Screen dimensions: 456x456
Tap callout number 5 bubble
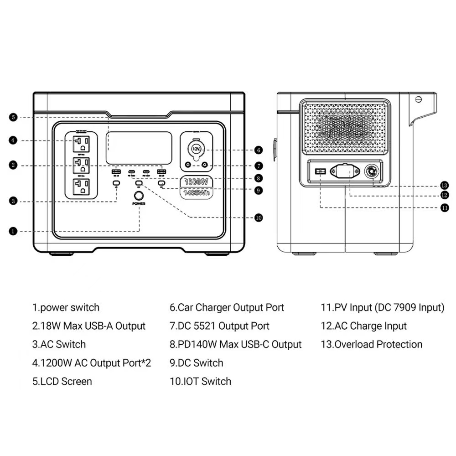tap(13, 117)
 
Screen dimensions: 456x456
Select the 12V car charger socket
tap(196, 149)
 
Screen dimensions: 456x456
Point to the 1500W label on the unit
tap(196, 181)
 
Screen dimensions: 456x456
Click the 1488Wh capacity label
tap(196, 193)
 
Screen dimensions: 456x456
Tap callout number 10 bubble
tap(259, 218)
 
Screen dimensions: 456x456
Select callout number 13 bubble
tap(445, 185)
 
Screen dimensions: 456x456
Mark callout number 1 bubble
tap(13, 231)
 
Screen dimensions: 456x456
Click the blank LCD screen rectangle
tap(139, 147)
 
